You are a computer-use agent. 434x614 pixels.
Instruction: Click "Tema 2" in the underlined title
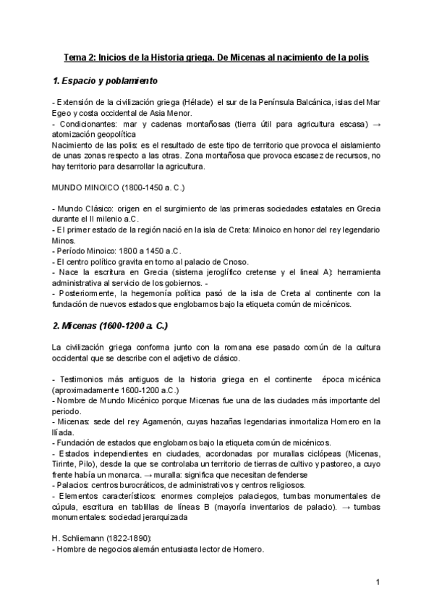coord(78,56)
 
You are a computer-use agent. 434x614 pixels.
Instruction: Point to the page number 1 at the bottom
coord(378,583)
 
